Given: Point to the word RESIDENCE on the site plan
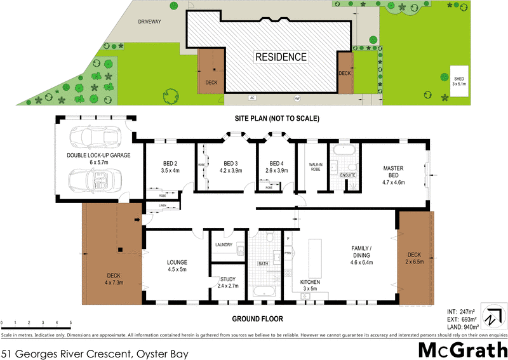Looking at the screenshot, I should (281, 57).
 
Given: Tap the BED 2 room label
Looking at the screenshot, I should (170, 166).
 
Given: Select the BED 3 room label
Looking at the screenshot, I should (230, 166).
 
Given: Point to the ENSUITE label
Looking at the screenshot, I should (348, 173).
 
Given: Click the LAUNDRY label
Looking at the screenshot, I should (225, 244).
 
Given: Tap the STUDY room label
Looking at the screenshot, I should (227, 281).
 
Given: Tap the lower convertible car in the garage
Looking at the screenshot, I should (95, 181).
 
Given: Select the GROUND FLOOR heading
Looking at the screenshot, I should (257, 319).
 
